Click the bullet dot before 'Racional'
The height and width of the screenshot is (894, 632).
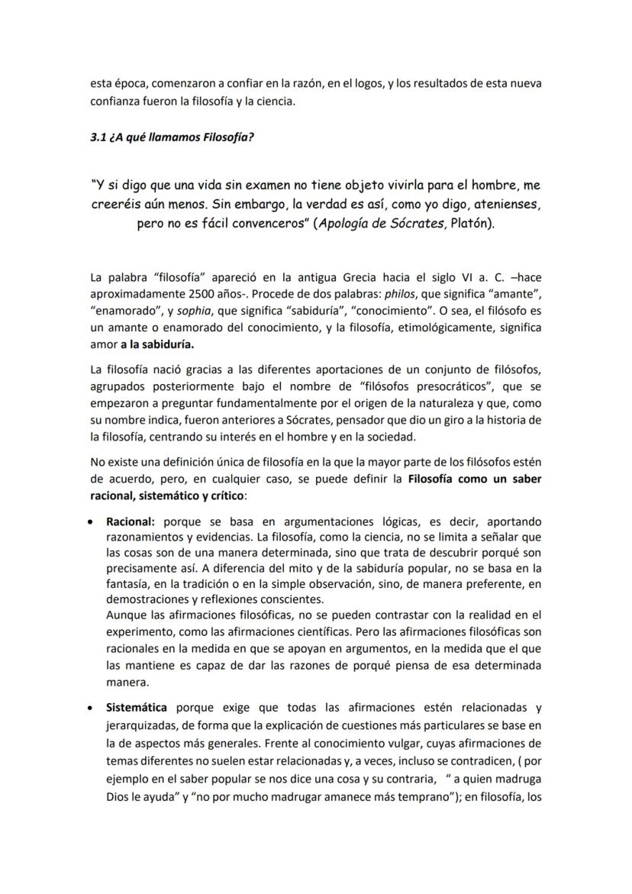pos(92,522)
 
